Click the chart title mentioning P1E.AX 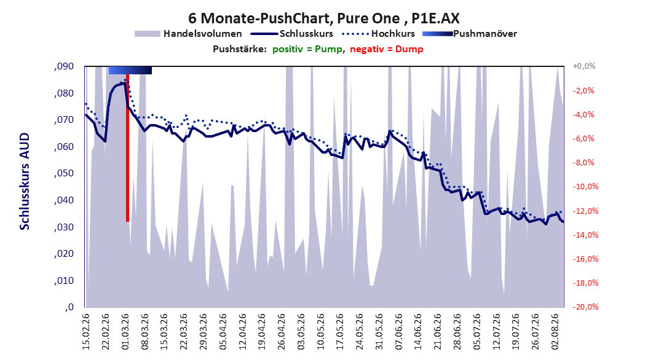323,18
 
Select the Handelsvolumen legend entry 188,34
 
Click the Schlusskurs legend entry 292,34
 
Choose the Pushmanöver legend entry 470,34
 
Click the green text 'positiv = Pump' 307,49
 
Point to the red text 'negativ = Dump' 387,49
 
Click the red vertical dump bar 128,148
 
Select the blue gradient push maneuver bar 130,70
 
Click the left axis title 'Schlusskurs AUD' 25,181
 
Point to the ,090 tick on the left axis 64,66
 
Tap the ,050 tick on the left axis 64,173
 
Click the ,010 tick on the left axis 64,281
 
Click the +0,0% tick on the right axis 584,66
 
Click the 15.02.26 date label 86,332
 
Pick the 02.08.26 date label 556,332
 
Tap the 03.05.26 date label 301,332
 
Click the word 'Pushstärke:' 240,49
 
